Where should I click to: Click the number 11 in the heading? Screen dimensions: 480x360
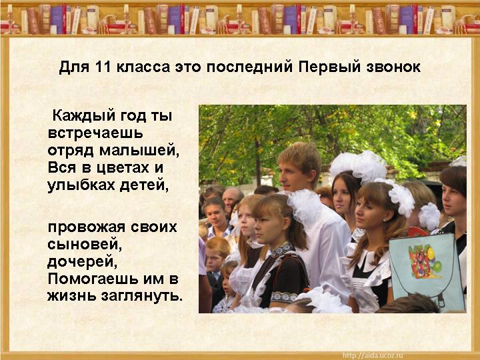point(103,67)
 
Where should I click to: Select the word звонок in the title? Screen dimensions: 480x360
point(393,67)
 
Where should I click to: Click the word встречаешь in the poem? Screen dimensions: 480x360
point(95,133)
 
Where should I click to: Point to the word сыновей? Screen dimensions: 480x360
point(83,244)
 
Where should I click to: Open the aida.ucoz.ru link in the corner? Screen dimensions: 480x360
point(373,355)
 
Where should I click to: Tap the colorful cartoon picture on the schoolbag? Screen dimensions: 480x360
point(425,263)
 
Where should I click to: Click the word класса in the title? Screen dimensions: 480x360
point(143,67)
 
